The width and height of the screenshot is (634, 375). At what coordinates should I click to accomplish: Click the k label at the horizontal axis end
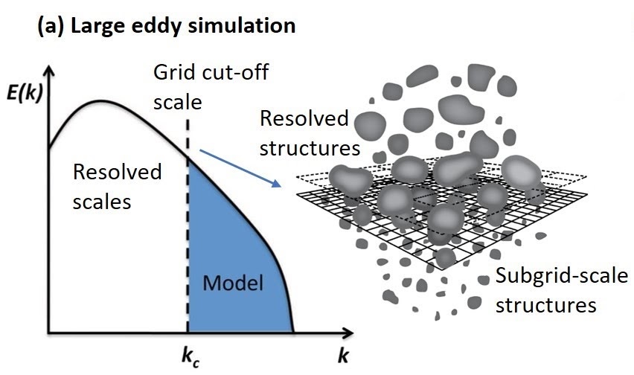click(x=343, y=356)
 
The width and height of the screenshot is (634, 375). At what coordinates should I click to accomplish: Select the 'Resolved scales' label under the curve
click(x=116, y=186)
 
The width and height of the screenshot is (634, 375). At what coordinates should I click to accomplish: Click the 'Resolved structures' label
click(x=308, y=132)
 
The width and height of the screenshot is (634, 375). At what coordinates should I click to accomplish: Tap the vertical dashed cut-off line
click(x=188, y=223)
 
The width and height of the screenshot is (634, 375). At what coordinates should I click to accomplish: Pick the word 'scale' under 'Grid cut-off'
click(x=173, y=98)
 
